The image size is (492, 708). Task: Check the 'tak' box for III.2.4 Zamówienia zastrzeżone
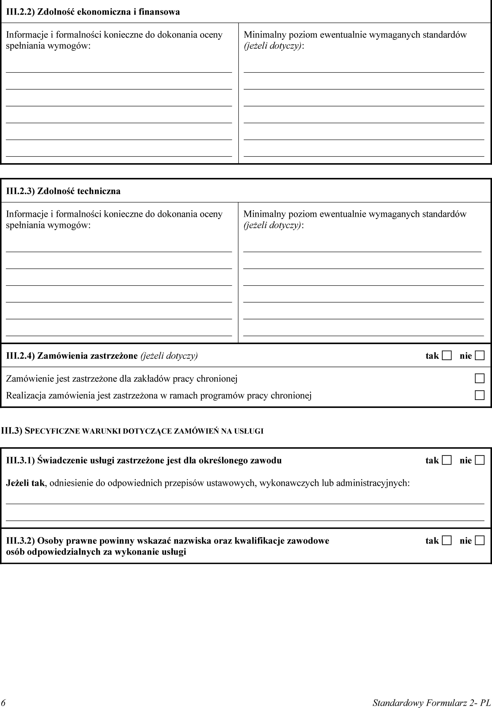(446, 356)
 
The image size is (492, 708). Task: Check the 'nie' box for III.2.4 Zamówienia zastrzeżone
(479, 356)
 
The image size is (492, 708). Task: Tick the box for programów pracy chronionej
(479, 395)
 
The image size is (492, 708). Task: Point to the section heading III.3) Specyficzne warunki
(132, 431)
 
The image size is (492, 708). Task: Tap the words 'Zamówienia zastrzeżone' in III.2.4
(87, 356)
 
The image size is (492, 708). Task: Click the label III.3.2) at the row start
(20, 541)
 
